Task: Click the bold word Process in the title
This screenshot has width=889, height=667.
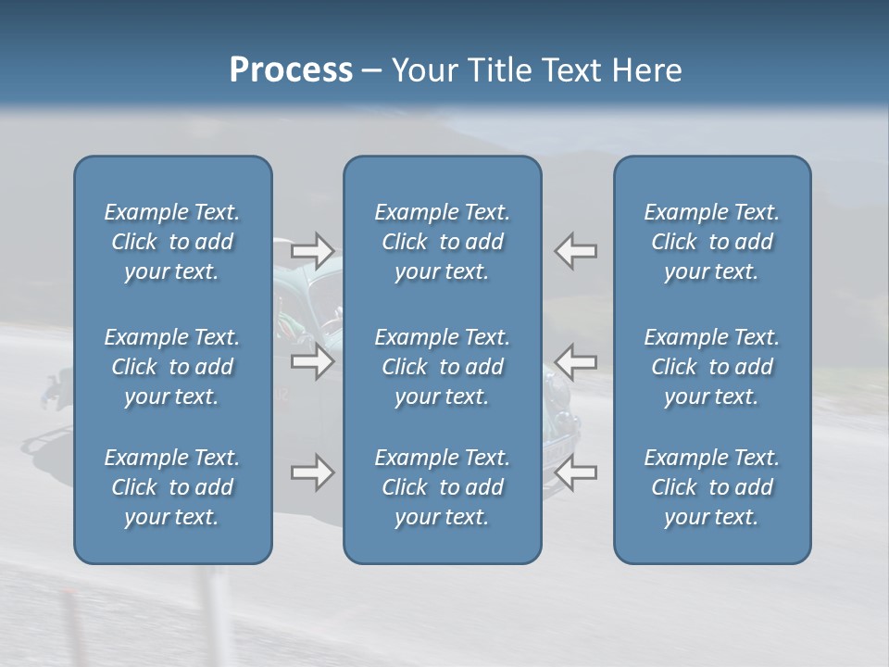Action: tap(291, 70)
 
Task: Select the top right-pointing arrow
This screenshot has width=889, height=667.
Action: tap(313, 250)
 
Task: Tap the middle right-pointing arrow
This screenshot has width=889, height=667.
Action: tap(313, 361)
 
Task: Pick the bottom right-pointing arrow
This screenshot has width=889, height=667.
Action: tap(313, 472)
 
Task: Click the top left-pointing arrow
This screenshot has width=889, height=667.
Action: tap(576, 250)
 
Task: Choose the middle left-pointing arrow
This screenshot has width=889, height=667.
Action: tap(576, 361)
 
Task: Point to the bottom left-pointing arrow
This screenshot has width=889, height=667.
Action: tap(576, 472)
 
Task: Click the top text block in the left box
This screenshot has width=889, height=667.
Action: tap(172, 242)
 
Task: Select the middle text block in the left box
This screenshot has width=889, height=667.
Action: tap(172, 367)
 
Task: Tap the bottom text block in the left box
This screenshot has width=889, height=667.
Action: tap(172, 487)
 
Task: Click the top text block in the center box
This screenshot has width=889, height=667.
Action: tap(442, 242)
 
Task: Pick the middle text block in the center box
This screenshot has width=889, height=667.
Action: tap(442, 367)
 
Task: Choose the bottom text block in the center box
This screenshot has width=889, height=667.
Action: tap(442, 487)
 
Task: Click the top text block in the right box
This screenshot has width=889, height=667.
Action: tap(711, 242)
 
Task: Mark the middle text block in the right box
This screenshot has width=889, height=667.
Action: tap(711, 367)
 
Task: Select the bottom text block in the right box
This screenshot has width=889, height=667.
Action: tap(711, 487)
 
